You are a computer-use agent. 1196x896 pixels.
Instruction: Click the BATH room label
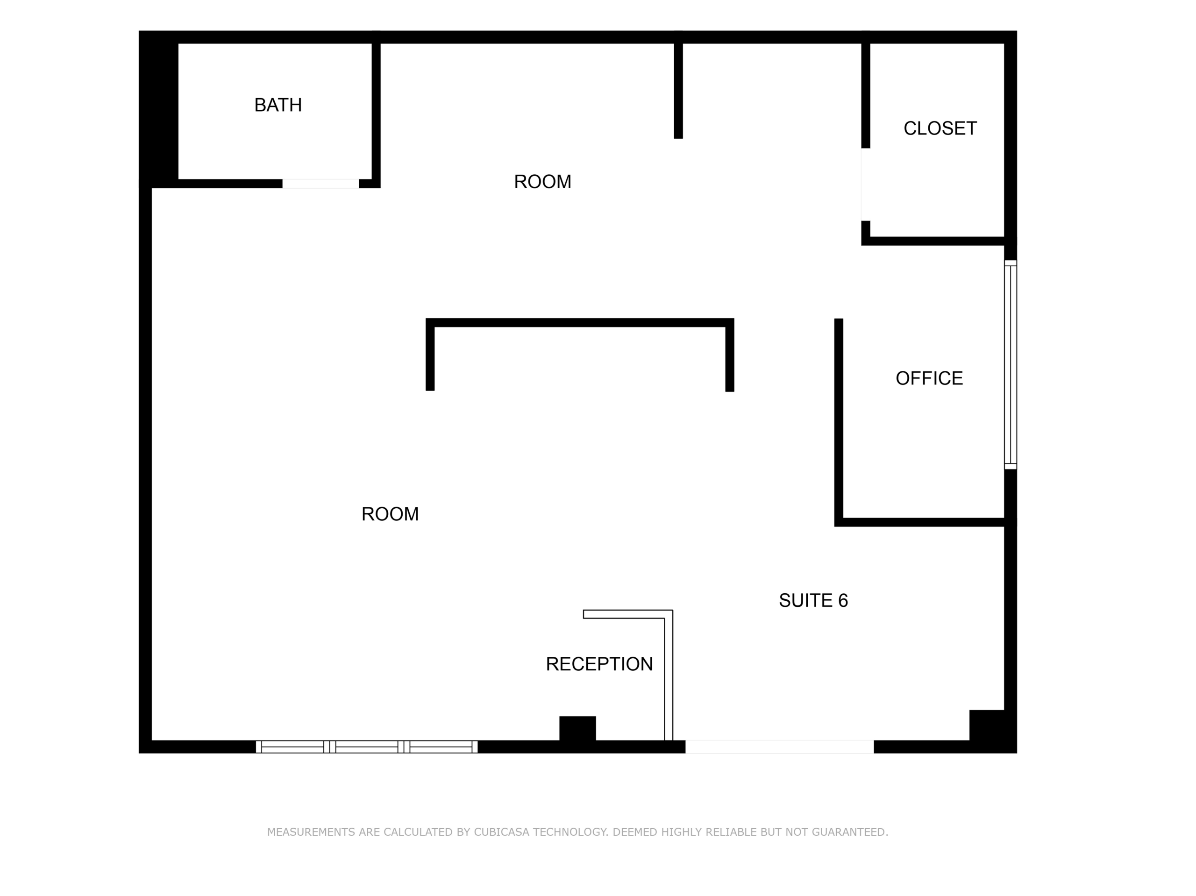[x=278, y=105]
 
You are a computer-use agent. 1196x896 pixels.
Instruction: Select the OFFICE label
[x=929, y=378]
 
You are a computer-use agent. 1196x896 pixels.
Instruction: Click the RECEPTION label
[x=599, y=664]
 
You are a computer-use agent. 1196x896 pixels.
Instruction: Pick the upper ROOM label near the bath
[x=542, y=182]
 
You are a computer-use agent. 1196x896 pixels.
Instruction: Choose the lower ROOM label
[x=390, y=514]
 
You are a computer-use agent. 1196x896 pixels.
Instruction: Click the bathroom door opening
[x=320, y=184]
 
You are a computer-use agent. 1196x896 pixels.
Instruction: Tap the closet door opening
[x=866, y=185]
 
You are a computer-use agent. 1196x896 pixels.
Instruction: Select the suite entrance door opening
[x=779, y=747]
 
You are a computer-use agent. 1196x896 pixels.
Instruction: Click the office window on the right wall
[x=1010, y=364]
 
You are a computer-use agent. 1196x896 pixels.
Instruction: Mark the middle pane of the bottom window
[x=367, y=747]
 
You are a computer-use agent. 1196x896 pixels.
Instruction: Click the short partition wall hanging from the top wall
[x=678, y=89]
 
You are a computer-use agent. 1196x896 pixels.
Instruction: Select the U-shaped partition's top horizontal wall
[x=580, y=323]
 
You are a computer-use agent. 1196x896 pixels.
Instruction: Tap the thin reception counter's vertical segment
[x=668, y=679]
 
